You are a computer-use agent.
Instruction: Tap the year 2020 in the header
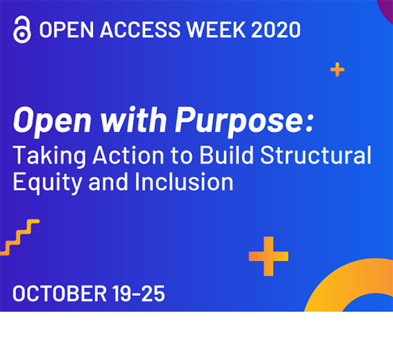tap(276, 30)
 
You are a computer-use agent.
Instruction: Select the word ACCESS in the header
tap(140, 30)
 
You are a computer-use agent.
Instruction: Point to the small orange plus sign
tap(337, 70)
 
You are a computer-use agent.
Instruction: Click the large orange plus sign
tap(268, 257)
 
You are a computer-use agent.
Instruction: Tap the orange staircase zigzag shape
tap(19, 237)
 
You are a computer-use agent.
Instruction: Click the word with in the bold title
tap(134, 119)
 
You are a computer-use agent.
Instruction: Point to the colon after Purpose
tap(310, 123)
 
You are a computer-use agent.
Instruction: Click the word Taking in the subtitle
tap(50, 156)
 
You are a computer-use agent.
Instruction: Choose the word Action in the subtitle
tap(128, 155)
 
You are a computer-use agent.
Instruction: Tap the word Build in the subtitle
tap(226, 155)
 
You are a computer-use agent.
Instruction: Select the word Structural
tap(316, 155)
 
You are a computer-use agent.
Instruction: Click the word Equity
tap(48, 183)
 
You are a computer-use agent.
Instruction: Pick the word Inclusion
tap(184, 181)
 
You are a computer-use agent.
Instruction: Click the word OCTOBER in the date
tap(60, 293)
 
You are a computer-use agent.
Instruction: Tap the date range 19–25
tap(139, 293)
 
